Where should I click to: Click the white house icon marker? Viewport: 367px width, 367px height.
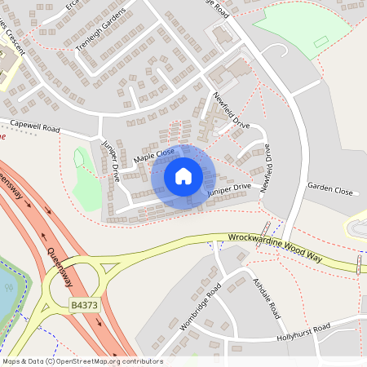(x=183, y=175)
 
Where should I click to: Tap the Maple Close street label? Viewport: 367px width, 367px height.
(x=155, y=153)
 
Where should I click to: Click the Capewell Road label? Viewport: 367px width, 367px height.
(x=34, y=128)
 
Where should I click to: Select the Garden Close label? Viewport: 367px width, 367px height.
(x=329, y=189)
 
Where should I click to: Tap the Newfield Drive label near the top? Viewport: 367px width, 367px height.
(x=232, y=111)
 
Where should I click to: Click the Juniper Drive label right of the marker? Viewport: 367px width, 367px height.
(x=229, y=188)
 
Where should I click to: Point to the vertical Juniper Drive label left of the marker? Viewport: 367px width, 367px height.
(x=111, y=160)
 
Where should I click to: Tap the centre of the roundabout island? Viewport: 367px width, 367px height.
(x=73, y=285)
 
